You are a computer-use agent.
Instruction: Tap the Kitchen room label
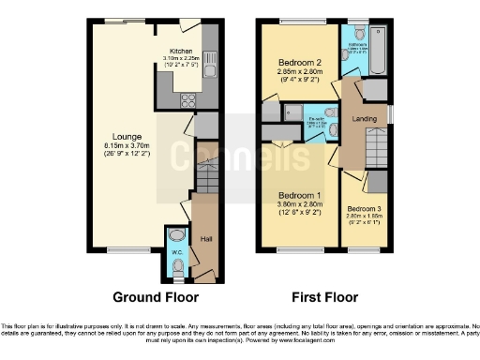pos(181,51)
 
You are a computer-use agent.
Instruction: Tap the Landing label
pos(364,118)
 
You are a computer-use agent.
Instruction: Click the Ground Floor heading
pos(156,297)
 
